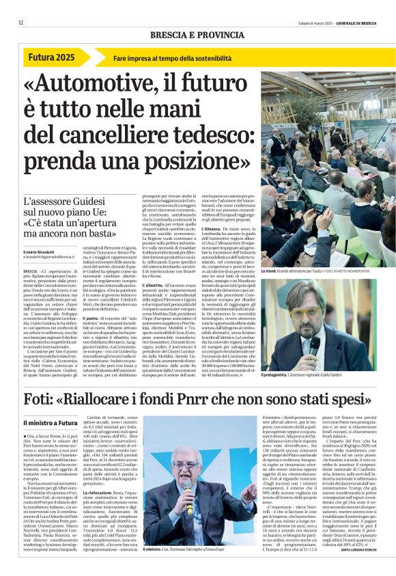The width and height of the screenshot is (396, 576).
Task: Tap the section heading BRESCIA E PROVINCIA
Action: pos(198,34)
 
